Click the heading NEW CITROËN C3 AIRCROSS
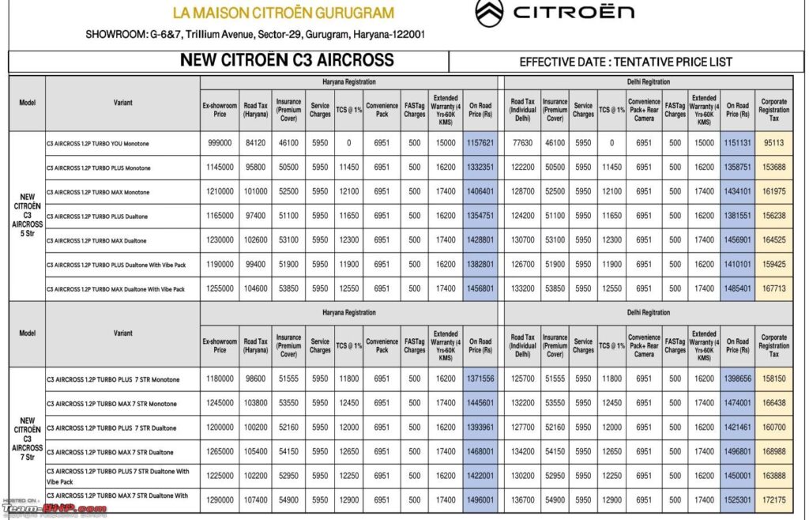pyautogui.click(x=287, y=61)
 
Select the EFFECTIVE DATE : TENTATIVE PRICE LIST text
pyautogui.click(x=626, y=62)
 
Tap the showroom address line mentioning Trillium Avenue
pyautogui.click(x=256, y=35)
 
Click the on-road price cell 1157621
pyautogui.click(x=480, y=143)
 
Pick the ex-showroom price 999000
pyautogui.click(x=220, y=143)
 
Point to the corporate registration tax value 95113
pyautogui.click(x=773, y=143)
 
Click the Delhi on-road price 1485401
pyautogui.click(x=737, y=289)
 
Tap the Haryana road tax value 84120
pyautogui.click(x=255, y=143)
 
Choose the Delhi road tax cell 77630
pyautogui.click(x=522, y=143)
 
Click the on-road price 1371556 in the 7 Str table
pyautogui.click(x=480, y=379)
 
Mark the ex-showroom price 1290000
pyautogui.click(x=220, y=501)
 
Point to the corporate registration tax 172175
pyautogui.click(x=773, y=501)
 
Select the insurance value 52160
pyautogui.click(x=289, y=428)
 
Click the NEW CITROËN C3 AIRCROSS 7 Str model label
pyautogui.click(x=27, y=439)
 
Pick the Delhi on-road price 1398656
pyautogui.click(x=737, y=379)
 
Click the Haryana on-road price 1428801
pyautogui.click(x=480, y=241)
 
